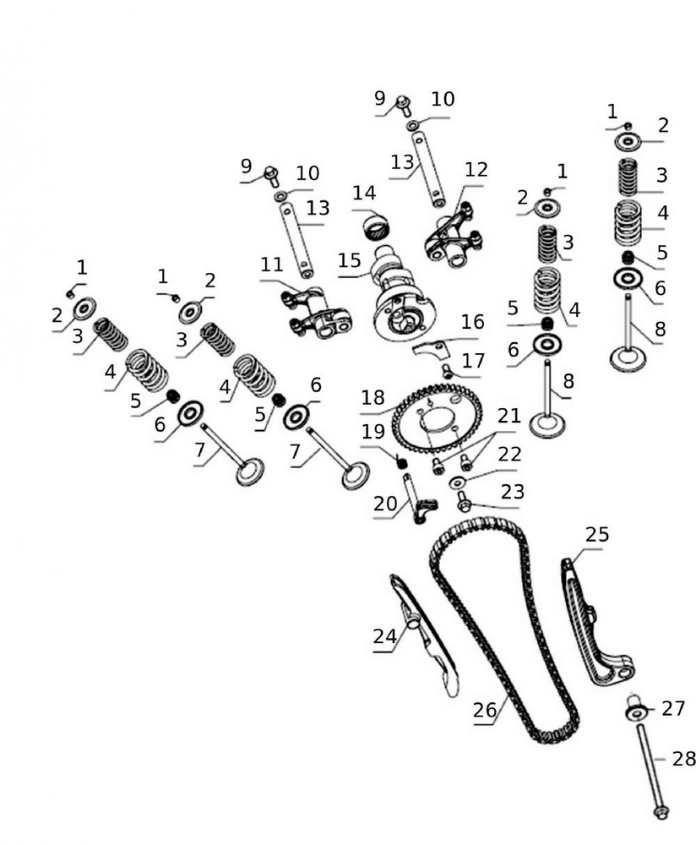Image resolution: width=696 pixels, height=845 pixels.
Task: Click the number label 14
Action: (x=364, y=193)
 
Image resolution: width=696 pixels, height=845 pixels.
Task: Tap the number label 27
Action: (x=673, y=708)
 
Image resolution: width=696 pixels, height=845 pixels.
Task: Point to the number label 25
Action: (x=597, y=535)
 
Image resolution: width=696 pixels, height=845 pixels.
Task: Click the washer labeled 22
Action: (x=458, y=482)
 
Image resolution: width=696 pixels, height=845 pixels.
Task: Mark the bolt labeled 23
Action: (x=464, y=504)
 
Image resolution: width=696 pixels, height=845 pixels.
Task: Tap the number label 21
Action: (x=508, y=416)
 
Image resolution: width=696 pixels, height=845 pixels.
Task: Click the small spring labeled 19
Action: (x=403, y=461)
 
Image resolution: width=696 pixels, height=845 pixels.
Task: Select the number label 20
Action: (x=385, y=504)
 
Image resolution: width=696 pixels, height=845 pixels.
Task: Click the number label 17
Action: (x=473, y=360)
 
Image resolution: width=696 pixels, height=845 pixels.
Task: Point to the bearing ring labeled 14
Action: (x=377, y=226)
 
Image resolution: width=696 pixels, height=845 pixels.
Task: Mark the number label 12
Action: (x=476, y=171)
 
